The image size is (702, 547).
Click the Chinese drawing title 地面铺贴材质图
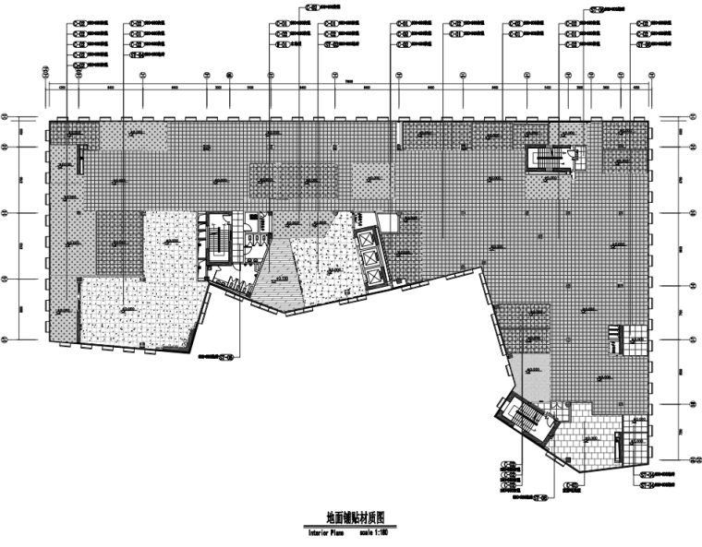(351, 518)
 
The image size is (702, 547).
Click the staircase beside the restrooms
(219, 242)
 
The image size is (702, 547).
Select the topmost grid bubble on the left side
(6, 116)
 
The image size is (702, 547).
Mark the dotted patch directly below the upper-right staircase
(542, 186)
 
